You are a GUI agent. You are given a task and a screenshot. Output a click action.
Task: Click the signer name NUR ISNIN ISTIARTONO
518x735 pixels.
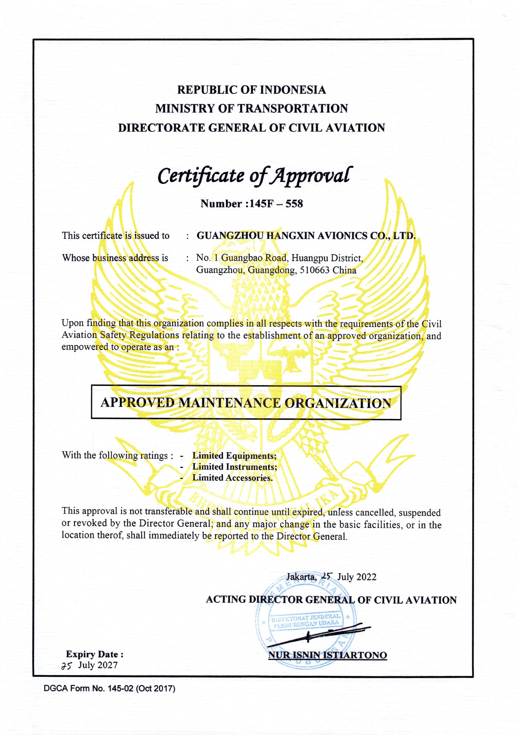click(x=327, y=655)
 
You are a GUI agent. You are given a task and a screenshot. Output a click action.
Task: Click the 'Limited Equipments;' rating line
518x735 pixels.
click(x=234, y=455)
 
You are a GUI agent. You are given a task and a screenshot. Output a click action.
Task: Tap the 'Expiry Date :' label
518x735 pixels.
click(x=95, y=654)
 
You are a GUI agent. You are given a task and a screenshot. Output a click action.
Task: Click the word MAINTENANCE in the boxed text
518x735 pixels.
click(x=229, y=403)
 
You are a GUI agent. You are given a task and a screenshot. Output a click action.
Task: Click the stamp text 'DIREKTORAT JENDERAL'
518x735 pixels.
click(x=306, y=616)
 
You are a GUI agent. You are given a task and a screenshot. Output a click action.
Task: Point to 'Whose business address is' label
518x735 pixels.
click(x=115, y=258)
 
